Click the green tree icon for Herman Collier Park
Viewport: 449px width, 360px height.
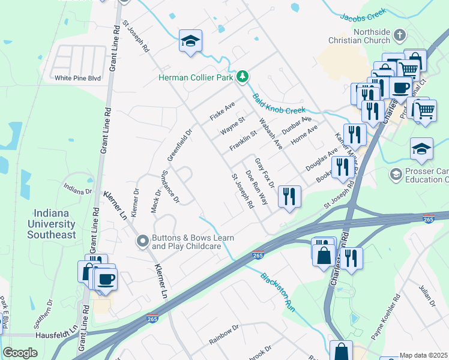[242, 76]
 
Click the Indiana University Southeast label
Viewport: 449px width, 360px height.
[55, 224]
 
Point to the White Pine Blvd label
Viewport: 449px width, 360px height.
[77, 78]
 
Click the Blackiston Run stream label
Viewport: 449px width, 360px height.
[278, 292]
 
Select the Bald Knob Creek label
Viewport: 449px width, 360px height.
[279, 103]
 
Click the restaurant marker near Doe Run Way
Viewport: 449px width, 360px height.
[289, 196]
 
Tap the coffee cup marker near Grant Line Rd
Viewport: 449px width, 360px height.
[106, 279]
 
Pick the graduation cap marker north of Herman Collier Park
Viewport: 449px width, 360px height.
[190, 41]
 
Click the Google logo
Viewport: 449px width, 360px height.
[20, 353]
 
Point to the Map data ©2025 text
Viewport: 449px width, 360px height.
[424, 355]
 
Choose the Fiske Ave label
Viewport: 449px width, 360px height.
[222, 111]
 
